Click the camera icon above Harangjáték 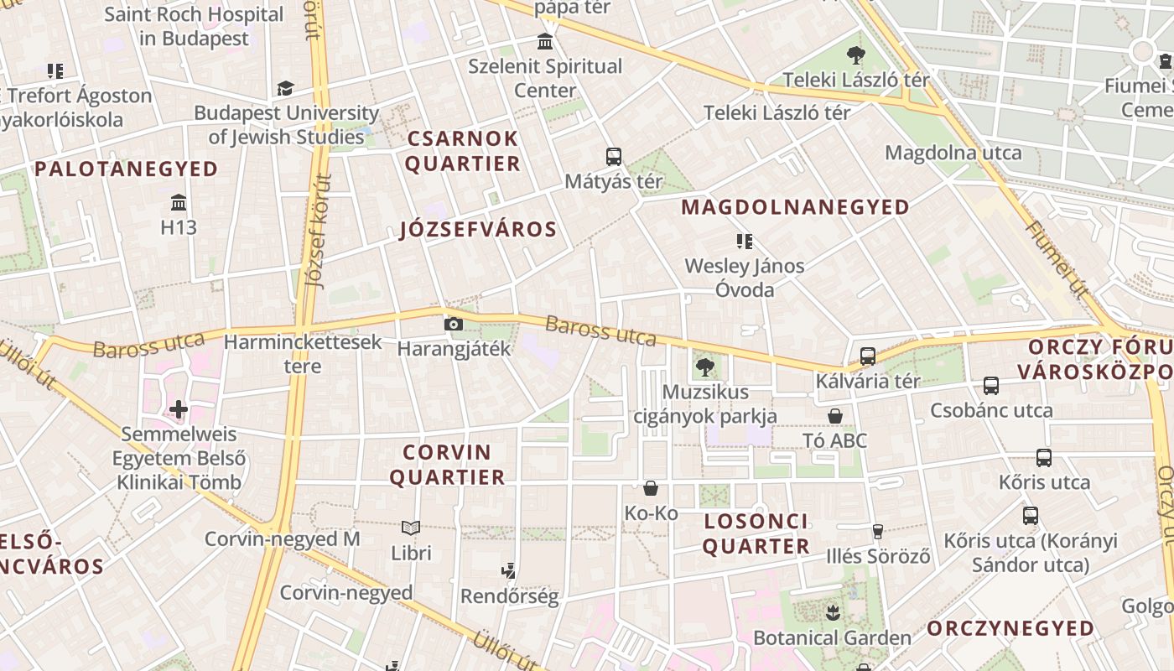pos(453,324)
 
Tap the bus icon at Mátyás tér pos(614,156)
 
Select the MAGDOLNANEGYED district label pos(795,207)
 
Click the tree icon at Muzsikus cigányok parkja pos(704,367)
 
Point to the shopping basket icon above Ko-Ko pos(651,488)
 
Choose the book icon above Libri pos(411,528)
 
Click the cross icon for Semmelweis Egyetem pos(178,409)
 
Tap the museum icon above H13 pos(178,202)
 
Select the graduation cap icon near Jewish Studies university pos(286,88)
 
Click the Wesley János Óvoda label pos(745,278)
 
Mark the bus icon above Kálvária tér pos(868,356)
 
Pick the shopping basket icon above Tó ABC pos(835,416)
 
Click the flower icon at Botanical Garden pos(832,612)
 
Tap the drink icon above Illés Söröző pos(878,531)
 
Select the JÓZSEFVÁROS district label pos(478,230)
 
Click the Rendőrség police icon pos(508,572)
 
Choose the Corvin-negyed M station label pos(282,538)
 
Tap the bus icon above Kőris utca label pos(1044,458)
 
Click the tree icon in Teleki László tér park pos(855,56)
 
